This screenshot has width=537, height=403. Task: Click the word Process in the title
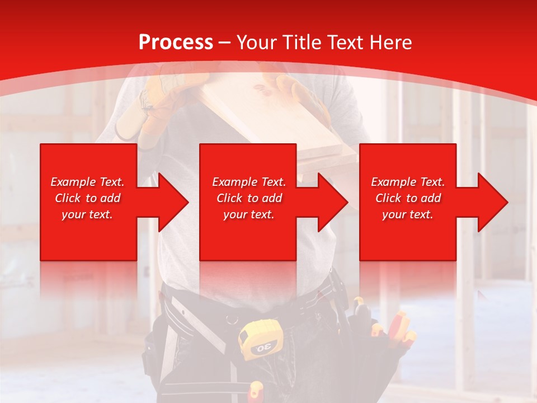tap(176, 43)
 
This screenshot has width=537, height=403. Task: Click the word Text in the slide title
tap(345, 43)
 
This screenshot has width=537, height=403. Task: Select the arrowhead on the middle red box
tap(332, 202)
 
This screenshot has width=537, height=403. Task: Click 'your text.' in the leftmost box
tap(87, 214)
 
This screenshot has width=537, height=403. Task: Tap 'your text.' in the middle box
tap(248, 214)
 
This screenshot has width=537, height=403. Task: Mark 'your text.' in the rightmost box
tap(408, 214)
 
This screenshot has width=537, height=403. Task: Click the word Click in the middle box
tap(230, 198)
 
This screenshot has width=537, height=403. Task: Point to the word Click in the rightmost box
tap(389, 198)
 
